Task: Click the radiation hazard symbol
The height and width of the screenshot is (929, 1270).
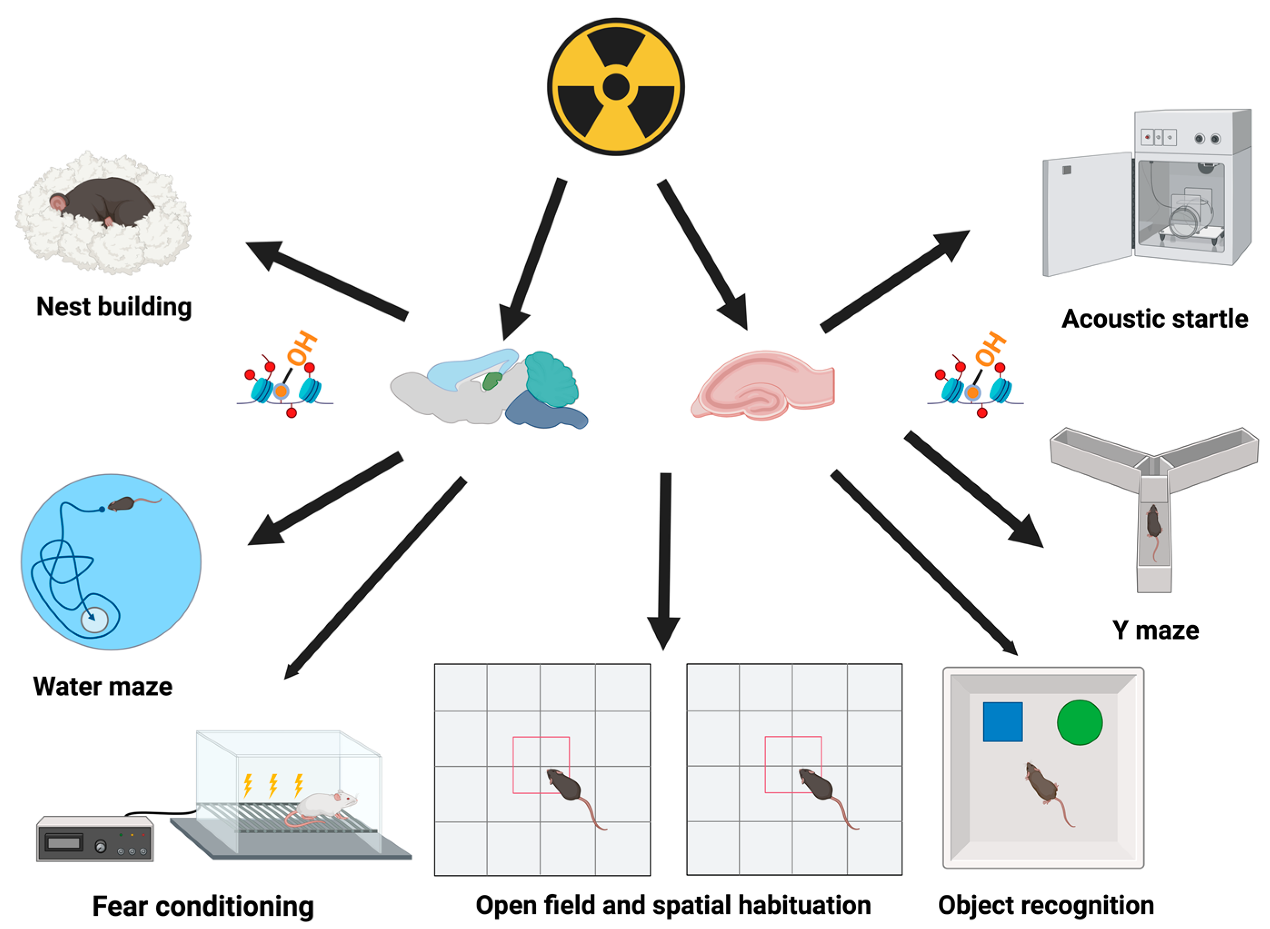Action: [615, 87]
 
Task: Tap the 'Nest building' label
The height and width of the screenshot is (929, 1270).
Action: [114, 307]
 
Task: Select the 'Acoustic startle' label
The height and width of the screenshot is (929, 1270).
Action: [1154, 319]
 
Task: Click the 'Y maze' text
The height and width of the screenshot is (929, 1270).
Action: [1155, 631]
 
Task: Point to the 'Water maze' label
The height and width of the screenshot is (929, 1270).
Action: [103, 686]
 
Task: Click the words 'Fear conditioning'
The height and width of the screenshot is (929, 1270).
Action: [203, 906]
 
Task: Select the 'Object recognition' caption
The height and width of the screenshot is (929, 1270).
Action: [1046, 905]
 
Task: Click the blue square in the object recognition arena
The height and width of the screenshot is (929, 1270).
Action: [1002, 721]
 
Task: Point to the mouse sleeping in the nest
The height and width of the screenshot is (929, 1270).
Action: [104, 201]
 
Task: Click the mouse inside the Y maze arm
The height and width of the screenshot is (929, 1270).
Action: [1153, 522]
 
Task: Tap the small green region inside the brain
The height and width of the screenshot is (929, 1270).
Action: [492, 381]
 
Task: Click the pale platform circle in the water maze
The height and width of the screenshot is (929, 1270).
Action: [94, 621]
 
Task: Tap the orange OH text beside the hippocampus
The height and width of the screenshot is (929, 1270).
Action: [991, 348]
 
